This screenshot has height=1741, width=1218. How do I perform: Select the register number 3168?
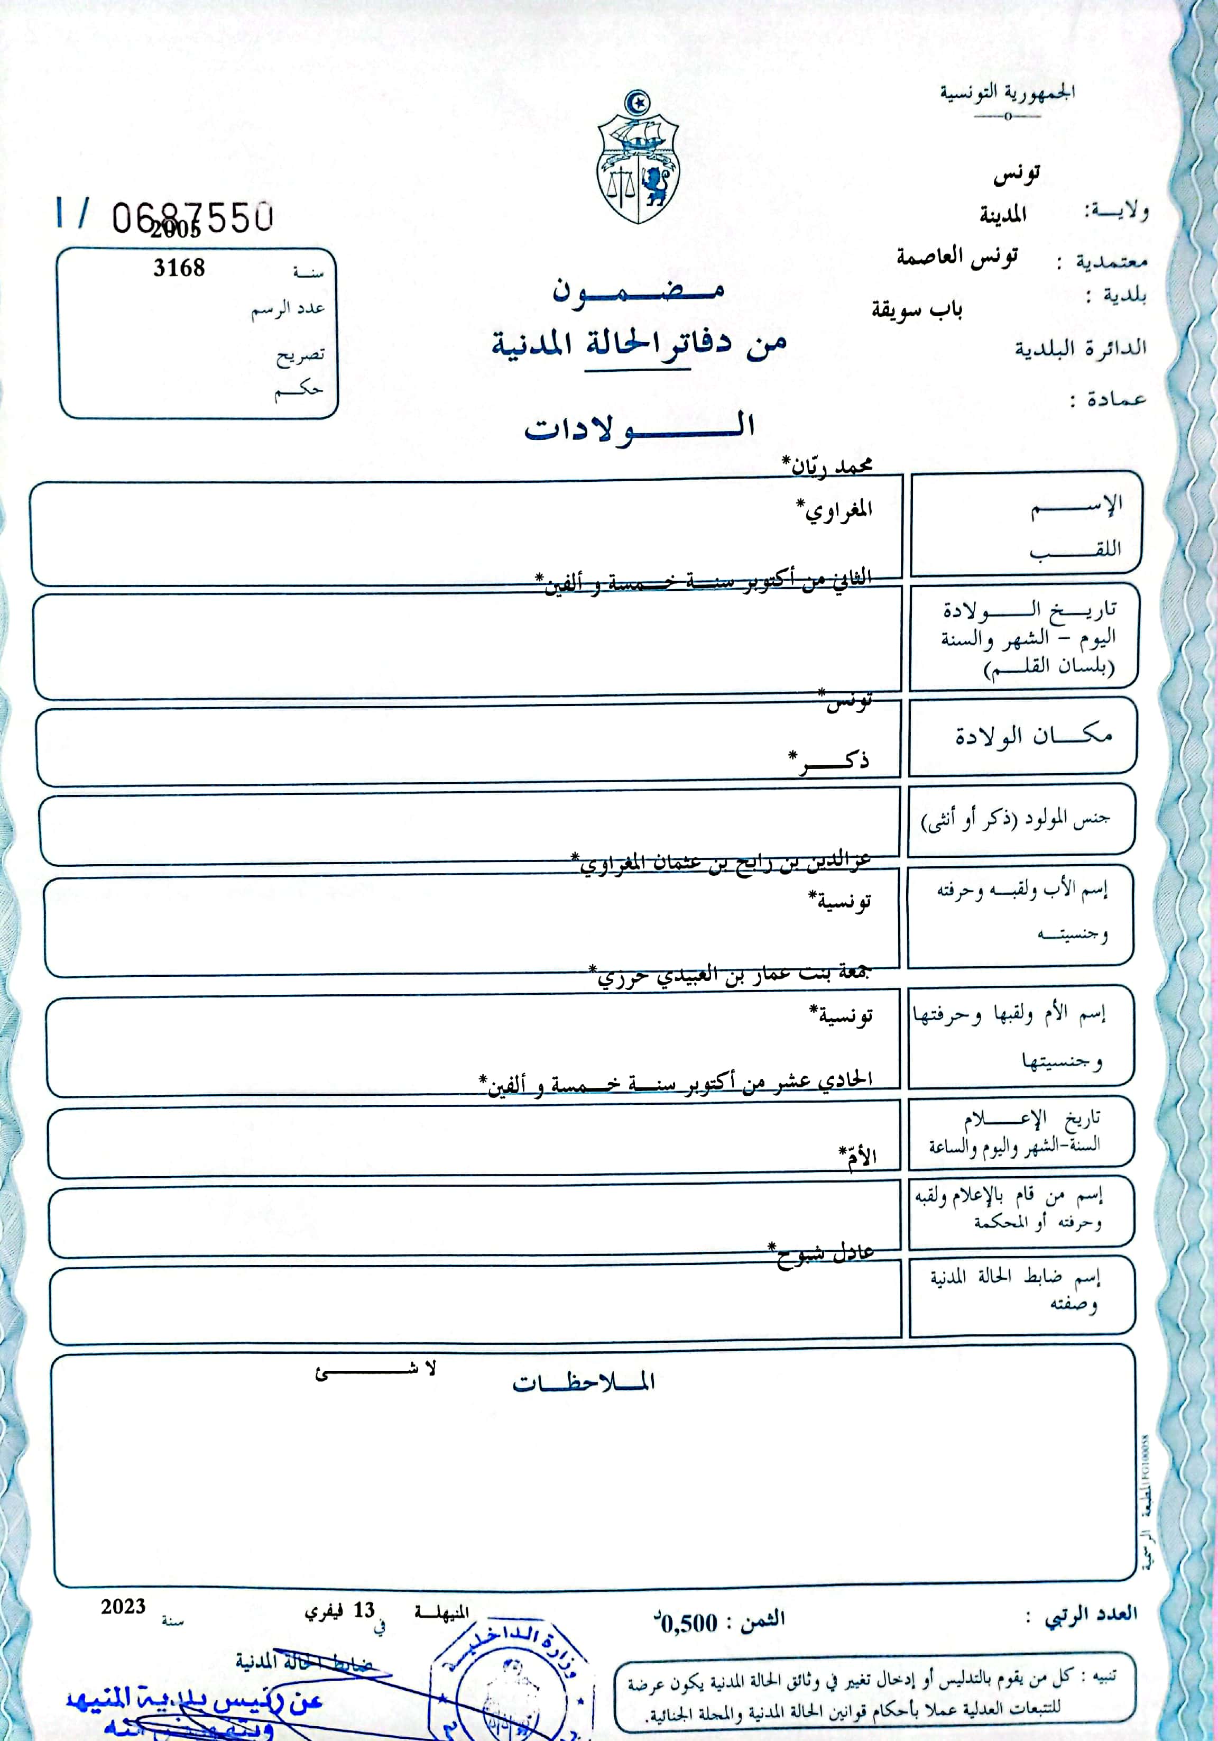179,268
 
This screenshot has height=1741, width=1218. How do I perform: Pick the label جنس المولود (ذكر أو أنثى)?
1015,820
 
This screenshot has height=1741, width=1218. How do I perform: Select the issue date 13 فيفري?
340,1610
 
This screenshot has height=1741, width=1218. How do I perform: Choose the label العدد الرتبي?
1092,1614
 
